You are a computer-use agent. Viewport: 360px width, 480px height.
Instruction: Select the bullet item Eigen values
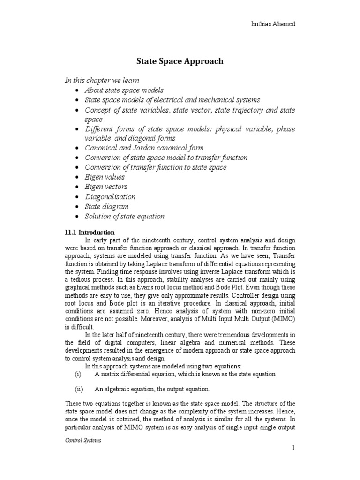pos(105,177)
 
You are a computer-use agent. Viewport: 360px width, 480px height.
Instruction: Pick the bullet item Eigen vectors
pos(106,187)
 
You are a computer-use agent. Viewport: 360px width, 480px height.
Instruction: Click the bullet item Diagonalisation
pos(110,197)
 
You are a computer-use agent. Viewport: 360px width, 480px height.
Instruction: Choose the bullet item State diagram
pos(106,206)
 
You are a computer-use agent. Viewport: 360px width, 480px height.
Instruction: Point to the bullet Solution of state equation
pos(124,216)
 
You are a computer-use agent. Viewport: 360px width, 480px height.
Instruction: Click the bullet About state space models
pos(124,90)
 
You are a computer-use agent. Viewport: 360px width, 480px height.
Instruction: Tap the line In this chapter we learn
pos(102,80)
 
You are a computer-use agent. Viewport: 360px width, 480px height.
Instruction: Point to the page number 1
pos(293,449)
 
